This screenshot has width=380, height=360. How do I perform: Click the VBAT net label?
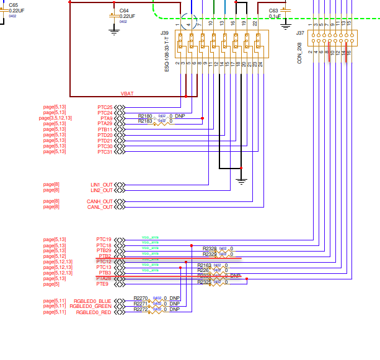click(x=127, y=94)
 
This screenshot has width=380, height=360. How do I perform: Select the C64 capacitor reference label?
click(x=124, y=11)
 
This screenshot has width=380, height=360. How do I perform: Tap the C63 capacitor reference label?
click(x=273, y=11)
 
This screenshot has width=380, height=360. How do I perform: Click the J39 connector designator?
click(x=164, y=32)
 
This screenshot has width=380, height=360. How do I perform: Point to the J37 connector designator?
click(x=300, y=32)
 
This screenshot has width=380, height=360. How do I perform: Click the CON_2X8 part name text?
click(x=300, y=53)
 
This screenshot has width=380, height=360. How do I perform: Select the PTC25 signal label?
click(x=105, y=107)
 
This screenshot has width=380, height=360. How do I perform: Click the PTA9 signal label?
click(x=106, y=118)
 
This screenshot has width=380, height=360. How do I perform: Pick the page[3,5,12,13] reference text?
click(x=56, y=118)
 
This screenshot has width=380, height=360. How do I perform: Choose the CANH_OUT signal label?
click(x=100, y=201)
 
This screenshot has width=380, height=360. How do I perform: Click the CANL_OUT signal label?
click(x=100, y=207)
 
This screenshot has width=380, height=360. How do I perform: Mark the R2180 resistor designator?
click(x=144, y=115)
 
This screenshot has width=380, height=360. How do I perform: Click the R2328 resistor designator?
click(x=210, y=248)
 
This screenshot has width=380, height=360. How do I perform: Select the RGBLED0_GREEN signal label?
click(x=91, y=306)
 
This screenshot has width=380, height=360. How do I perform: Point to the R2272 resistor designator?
click(x=141, y=309)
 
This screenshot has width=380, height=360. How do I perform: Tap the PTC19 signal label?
click(x=104, y=239)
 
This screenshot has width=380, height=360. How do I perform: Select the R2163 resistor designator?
click(x=205, y=265)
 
